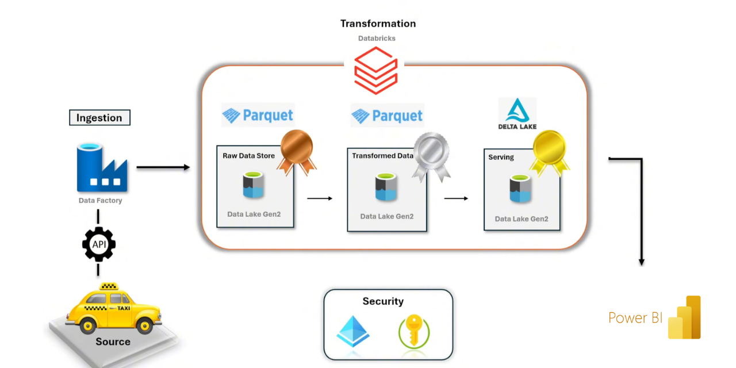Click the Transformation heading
click(378, 24)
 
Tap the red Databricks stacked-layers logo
click(375, 70)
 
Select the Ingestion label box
click(99, 117)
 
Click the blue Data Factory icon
click(102, 167)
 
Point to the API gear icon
click(98, 244)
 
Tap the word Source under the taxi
click(113, 342)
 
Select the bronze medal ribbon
click(296, 151)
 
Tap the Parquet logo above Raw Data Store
click(258, 116)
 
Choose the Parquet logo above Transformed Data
click(387, 116)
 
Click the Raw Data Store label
click(248, 155)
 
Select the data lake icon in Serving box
click(521, 189)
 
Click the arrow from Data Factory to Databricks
click(163, 167)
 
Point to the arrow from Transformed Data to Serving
click(455, 198)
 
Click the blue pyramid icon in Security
click(353, 332)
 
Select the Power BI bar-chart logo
click(684, 317)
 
